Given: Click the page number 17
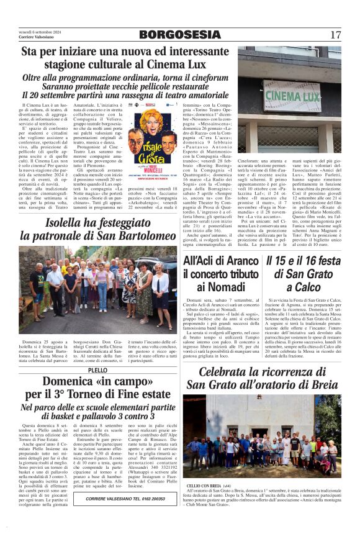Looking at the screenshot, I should pos(335,34).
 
